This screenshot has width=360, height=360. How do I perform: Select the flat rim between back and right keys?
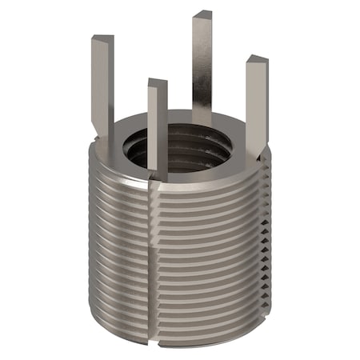pos(236,128)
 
